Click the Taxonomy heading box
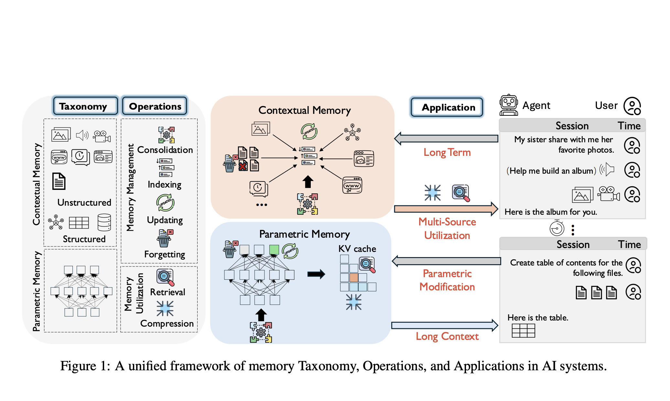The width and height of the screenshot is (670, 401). pos(85,106)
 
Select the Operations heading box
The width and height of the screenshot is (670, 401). pos(155,106)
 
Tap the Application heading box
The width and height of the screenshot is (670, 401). pos(447,107)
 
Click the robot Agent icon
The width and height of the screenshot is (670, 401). pos(509,105)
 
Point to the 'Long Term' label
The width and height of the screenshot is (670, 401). pos(447,152)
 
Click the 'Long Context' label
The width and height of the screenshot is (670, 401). pos(447,336)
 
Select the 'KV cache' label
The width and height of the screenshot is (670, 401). pos(357,249)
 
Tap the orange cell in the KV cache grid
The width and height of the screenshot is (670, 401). pos(353,277)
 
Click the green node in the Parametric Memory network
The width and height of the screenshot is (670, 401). pos(274,249)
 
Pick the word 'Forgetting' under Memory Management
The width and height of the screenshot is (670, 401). pos(165,255)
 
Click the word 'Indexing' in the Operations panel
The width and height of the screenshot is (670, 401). pos(164,184)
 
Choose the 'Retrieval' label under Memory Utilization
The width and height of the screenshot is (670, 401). pos(167,292)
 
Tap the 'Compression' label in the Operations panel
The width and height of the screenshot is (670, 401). pos(167,323)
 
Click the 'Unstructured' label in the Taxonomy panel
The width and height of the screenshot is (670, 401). pos(84,202)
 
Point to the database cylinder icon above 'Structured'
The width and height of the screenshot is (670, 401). pos(104,222)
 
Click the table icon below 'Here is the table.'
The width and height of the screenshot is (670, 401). pos(523,331)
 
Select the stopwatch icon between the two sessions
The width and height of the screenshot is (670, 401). pos(557,228)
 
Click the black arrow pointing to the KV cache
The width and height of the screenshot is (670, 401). pos(316,274)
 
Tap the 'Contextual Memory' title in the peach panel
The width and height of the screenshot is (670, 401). pos(304,110)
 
